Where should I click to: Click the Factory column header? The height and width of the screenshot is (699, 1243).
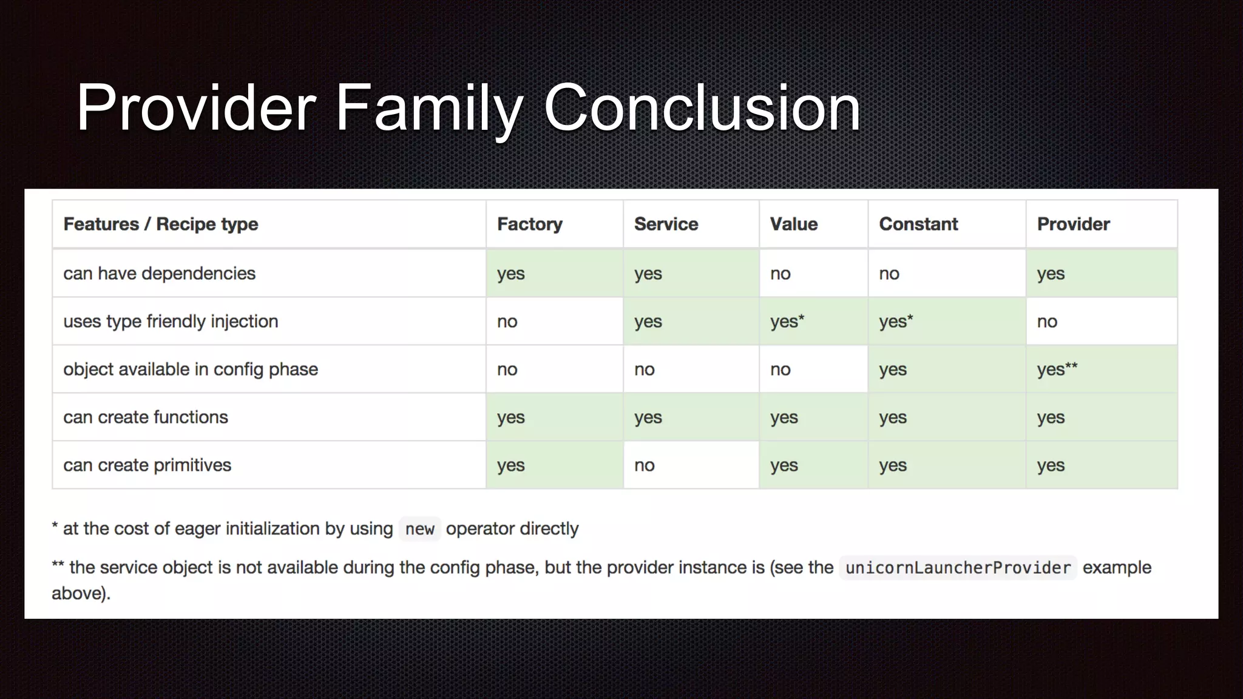[529, 224]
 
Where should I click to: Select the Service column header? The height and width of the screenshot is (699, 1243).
[666, 224]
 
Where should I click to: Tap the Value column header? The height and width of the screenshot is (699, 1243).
[793, 224]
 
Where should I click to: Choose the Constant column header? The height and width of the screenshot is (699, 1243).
[918, 224]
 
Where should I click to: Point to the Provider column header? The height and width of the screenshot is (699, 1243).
[1073, 224]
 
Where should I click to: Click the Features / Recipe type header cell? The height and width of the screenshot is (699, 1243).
[160, 224]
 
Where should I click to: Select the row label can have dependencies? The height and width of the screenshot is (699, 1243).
[159, 274]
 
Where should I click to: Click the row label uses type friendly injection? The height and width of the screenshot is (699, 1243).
[171, 322]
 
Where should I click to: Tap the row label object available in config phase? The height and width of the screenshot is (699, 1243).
[190, 370]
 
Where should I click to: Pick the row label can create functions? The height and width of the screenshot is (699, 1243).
[145, 417]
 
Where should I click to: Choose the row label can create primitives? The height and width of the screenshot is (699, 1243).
[147, 465]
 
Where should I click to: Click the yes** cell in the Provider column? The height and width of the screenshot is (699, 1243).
[1057, 370]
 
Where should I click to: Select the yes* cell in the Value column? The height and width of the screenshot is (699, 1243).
[787, 322]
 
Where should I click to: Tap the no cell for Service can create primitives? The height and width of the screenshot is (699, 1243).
[644, 465]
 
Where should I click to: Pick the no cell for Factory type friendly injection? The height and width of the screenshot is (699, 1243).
[507, 322]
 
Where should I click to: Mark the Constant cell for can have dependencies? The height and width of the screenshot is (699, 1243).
[889, 274]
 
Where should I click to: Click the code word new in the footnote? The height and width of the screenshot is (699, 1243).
[419, 529]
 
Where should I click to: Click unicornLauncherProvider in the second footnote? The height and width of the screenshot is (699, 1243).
[957, 568]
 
